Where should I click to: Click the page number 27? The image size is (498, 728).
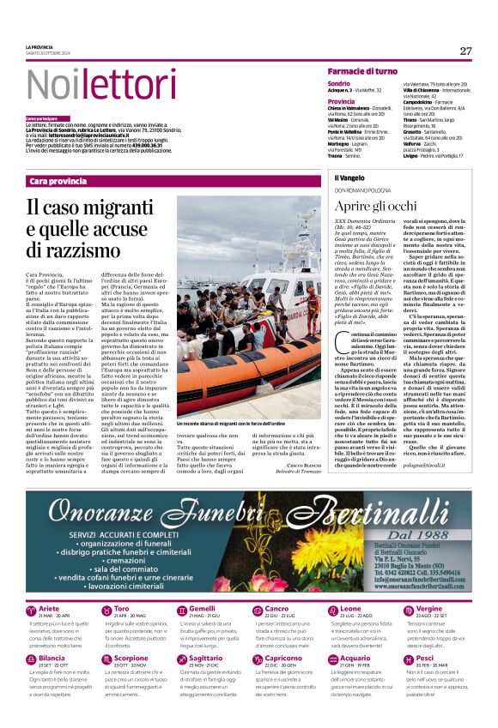pos(465,51)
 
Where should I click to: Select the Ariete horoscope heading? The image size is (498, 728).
pos(50,609)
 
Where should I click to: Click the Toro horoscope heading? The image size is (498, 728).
pos(123,609)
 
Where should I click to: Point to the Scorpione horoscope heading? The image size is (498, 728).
pos(131,659)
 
